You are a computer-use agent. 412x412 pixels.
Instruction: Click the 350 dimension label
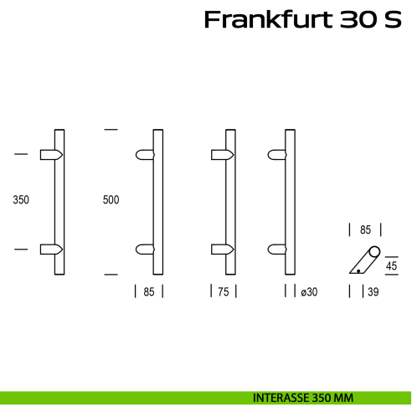(21, 201)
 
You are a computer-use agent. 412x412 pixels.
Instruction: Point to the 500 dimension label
(111, 201)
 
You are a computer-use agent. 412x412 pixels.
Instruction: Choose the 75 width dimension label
(223, 291)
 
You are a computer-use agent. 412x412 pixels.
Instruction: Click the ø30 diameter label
(308, 291)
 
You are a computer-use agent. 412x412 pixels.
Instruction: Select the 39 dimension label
(373, 291)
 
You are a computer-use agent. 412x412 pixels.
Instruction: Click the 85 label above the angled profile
(365, 229)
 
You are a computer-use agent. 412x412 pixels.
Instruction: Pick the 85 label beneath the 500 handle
(149, 291)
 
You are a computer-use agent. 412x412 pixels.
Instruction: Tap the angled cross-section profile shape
(365, 261)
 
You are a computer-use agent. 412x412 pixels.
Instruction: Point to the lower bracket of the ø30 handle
(276, 249)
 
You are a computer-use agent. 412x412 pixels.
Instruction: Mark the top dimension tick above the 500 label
(111, 130)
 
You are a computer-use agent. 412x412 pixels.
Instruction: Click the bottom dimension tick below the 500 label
(111, 274)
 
